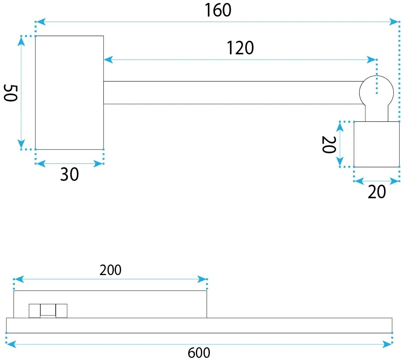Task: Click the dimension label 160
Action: pos(218,10)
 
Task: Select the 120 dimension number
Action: pos(240,48)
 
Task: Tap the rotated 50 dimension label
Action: pos(11,93)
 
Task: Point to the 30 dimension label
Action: pos(69,174)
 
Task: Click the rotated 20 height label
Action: pos(329,144)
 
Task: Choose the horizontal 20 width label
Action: pos(377,192)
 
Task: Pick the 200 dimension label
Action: pos(110,270)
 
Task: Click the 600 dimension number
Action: pos(199,353)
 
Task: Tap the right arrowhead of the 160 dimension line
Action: pos(394,22)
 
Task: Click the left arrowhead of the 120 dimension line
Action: pos(108,60)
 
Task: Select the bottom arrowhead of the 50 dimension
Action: pos(21,144)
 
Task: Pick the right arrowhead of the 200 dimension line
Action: pos(202,279)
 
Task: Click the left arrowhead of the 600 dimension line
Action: pos(11,344)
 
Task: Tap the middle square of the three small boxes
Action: pos(48,310)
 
